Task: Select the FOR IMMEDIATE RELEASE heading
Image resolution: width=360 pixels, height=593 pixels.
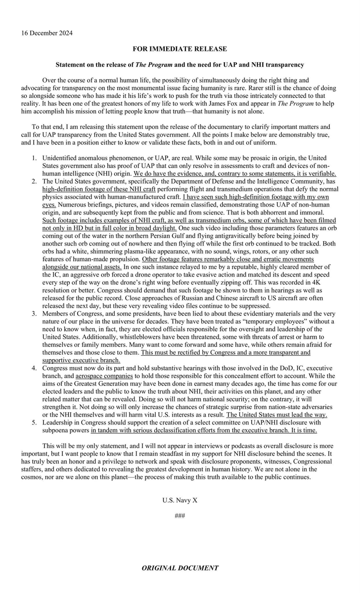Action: point(180,49)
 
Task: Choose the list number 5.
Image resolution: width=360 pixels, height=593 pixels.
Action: point(35,423)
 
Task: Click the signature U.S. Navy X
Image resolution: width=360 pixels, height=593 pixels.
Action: point(180,500)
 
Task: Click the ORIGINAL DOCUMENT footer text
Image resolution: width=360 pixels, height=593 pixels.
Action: point(180,568)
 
